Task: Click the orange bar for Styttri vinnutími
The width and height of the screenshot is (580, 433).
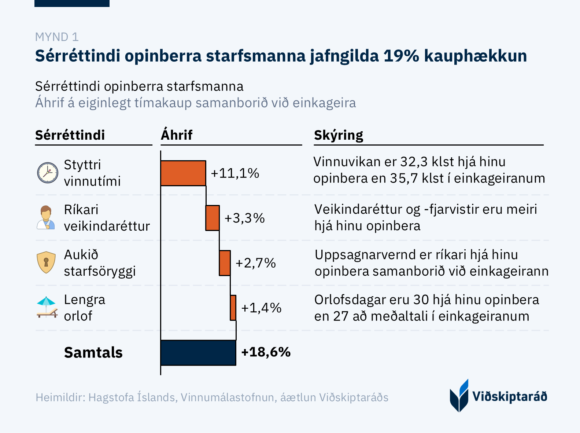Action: pyautogui.click(x=183, y=173)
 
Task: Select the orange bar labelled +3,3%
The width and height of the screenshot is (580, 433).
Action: pyautogui.click(x=213, y=218)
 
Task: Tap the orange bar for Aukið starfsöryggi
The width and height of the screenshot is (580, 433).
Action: pyautogui.click(x=225, y=263)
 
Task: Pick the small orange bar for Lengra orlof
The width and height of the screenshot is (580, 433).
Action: pyautogui.click(x=233, y=308)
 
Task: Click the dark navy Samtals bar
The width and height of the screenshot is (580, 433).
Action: pyautogui.click(x=198, y=353)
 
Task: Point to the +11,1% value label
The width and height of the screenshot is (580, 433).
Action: pyautogui.click(x=235, y=173)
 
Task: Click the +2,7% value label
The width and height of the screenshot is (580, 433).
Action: pyautogui.click(x=255, y=263)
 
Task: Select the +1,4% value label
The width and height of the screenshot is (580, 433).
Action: pyautogui.click(x=261, y=308)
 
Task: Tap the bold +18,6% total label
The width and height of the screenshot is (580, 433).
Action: pyautogui.click(x=266, y=352)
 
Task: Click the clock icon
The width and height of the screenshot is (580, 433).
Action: pyautogui.click(x=48, y=173)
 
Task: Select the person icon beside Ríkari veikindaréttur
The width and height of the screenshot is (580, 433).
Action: pyautogui.click(x=46, y=217)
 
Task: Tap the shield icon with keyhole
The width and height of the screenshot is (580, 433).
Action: pyautogui.click(x=46, y=263)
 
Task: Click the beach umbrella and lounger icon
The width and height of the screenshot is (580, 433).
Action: pyautogui.click(x=47, y=307)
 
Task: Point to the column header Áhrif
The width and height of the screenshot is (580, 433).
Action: pyautogui.click(x=177, y=135)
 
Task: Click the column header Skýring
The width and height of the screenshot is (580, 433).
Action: pyautogui.click(x=339, y=135)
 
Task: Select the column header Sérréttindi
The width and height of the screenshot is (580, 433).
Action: pyautogui.click(x=70, y=135)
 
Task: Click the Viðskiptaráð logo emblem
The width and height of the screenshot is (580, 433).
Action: pyautogui.click(x=459, y=396)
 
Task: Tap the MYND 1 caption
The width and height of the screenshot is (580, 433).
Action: pyautogui.click(x=57, y=37)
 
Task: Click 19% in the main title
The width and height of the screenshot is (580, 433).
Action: pyautogui.click(x=401, y=56)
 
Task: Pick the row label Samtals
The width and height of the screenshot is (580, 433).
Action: pyautogui.click(x=93, y=352)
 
